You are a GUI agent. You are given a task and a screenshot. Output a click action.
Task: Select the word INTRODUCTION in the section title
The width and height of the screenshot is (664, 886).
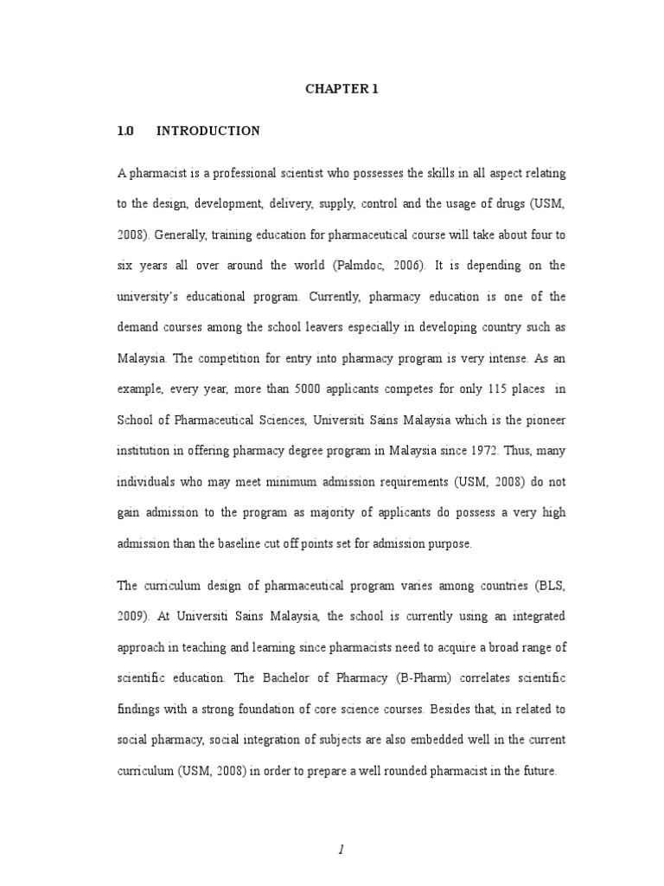208,132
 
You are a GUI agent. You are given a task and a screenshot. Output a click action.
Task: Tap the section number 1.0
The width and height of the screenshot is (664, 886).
126,132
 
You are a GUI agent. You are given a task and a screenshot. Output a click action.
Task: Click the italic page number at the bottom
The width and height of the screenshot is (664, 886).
342,826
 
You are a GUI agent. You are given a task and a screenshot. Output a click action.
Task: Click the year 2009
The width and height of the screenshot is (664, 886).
131,617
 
